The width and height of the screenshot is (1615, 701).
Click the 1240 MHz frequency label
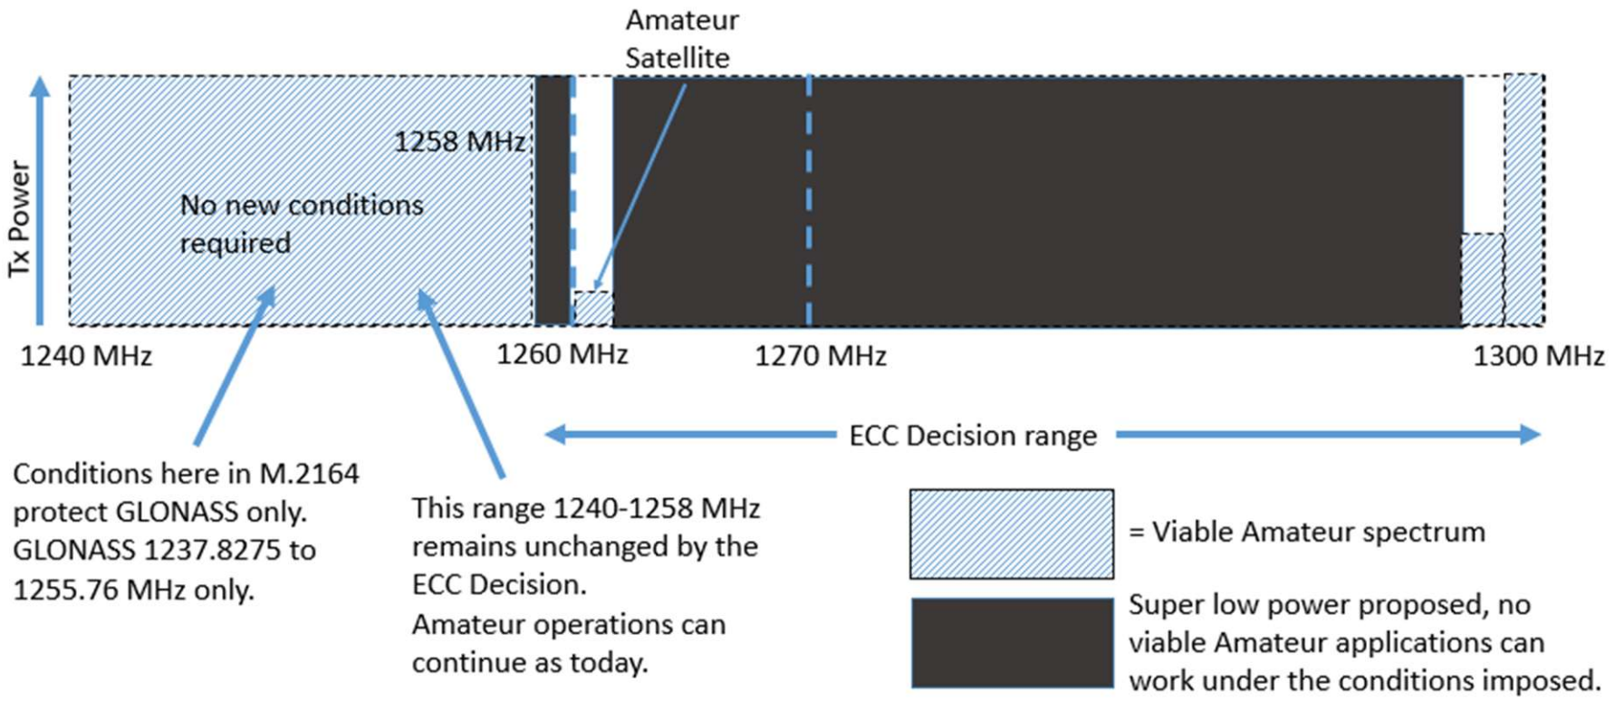pyautogui.click(x=86, y=356)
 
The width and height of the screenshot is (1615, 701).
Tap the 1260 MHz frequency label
pyautogui.click(x=562, y=354)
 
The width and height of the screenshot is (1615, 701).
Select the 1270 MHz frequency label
pyautogui.click(x=821, y=356)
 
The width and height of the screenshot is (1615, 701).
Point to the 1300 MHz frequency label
pyautogui.click(x=1538, y=356)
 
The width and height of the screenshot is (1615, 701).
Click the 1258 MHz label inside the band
pyautogui.click(x=459, y=142)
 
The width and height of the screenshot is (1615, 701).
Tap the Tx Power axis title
pyautogui.click(x=19, y=218)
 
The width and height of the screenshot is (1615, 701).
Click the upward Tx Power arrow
pyautogui.click(x=40, y=199)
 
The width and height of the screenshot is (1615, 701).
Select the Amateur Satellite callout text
pyautogui.click(x=681, y=39)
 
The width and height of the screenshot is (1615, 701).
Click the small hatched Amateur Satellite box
pyautogui.click(x=593, y=309)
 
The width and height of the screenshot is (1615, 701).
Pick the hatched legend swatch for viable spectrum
pyautogui.click(x=1012, y=533)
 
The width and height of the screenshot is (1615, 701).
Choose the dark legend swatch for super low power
pyautogui.click(x=1012, y=642)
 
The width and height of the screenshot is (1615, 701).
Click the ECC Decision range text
pyautogui.click(x=973, y=436)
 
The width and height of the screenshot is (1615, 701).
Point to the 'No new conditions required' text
pyautogui.click(x=301, y=224)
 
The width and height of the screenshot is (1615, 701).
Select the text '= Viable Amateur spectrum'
pyautogui.click(x=1306, y=532)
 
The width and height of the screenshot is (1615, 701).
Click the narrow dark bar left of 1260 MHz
pyautogui.click(x=553, y=199)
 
